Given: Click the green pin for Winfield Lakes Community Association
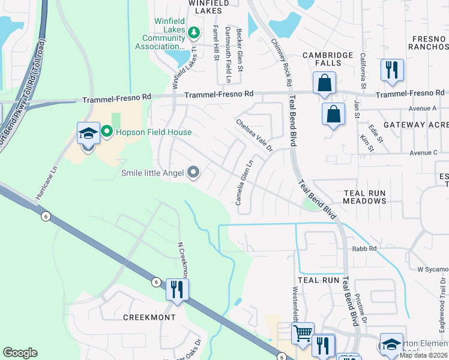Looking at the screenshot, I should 194,32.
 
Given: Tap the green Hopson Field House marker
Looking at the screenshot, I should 107,131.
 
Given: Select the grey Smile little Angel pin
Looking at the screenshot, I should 193,173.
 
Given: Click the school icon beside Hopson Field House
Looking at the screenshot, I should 88,134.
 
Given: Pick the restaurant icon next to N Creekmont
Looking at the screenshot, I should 177,290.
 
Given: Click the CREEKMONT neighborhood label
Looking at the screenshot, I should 149,317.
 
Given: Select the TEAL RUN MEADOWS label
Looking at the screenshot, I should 364,196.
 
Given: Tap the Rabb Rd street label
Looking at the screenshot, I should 364,248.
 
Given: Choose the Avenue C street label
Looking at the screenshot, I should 423,152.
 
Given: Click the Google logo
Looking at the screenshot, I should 20,353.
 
